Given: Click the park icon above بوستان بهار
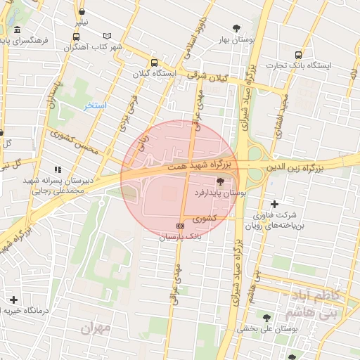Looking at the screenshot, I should point(236,28).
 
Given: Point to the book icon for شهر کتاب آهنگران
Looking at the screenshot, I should point(107,36).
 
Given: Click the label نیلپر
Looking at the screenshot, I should point(82,22).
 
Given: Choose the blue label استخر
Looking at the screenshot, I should point(95,105).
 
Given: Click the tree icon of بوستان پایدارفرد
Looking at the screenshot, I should point(231,181).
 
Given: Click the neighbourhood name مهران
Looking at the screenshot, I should point(96,328).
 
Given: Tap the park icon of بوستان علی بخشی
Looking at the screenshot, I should point(266,317).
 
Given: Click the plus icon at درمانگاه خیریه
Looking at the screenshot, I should point(13,300).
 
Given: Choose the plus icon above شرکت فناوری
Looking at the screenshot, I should point(274,204).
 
